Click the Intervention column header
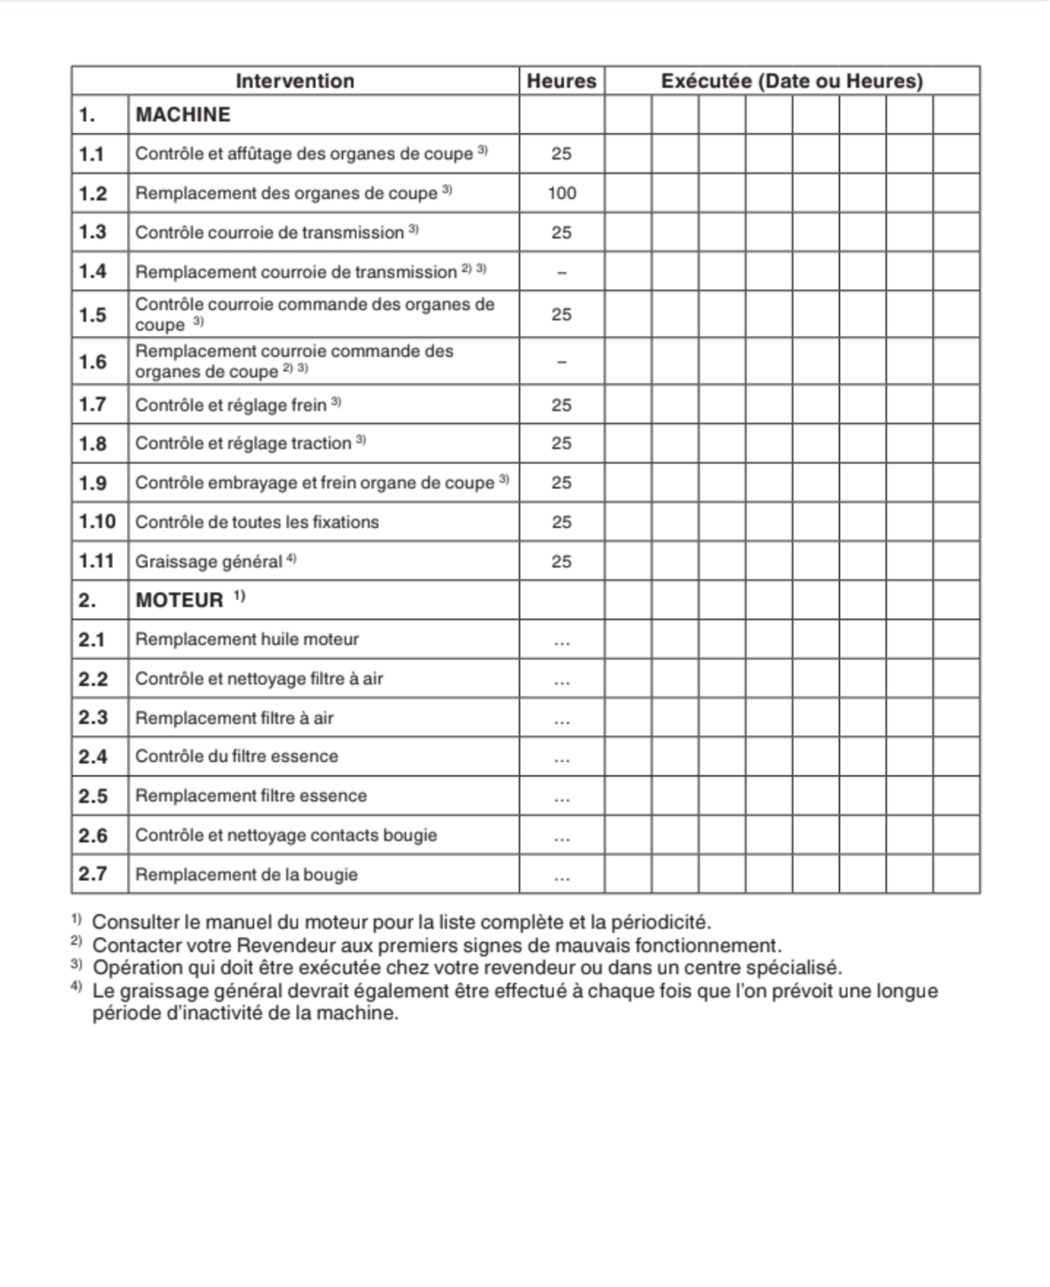tap(295, 81)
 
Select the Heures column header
tap(561, 81)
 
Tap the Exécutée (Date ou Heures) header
tap(791, 81)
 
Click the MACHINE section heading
tap(183, 115)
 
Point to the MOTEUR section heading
tap(179, 601)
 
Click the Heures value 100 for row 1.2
tap(562, 193)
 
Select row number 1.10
tap(97, 522)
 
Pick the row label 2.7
tap(93, 874)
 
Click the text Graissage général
tap(208, 562)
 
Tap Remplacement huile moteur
tap(247, 640)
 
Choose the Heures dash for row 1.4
tap(562, 272)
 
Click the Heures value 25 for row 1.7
tap(562, 405)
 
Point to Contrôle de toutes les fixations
tap(256, 523)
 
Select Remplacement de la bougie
tap(246, 875)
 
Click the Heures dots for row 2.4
tap(562, 758)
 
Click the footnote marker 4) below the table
tap(76, 988)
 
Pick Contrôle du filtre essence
tap(236, 756)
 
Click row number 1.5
tap(93, 315)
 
